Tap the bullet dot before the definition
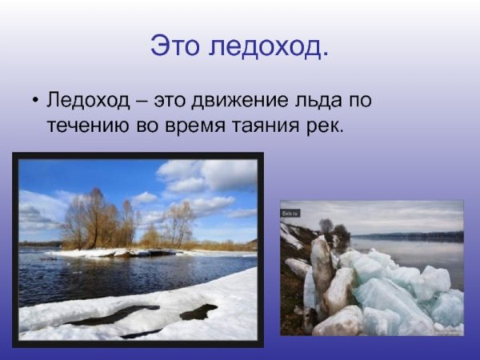coord(35,102)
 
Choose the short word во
coord(148,126)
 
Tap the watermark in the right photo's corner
coord(290,213)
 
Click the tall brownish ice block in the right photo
coord(321,264)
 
